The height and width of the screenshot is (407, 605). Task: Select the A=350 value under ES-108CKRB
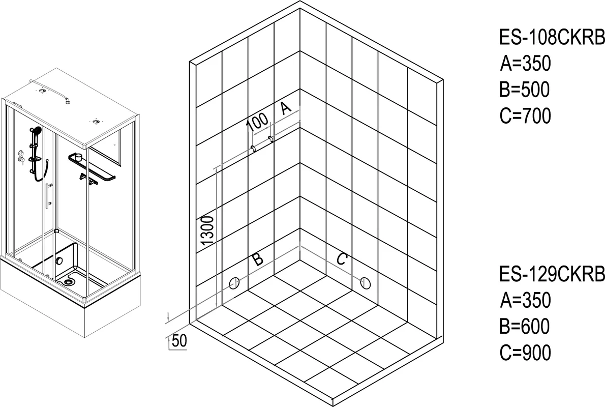pos(525,64)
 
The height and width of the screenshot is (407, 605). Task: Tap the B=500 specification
pos(524,90)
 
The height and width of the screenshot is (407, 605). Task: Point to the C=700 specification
pos(525,115)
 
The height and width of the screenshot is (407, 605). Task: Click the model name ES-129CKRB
pos(552,274)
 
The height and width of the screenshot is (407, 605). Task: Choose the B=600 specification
pos(524,326)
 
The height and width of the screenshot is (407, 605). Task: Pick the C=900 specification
pos(525,352)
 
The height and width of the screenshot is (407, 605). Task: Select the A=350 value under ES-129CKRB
pos(525,300)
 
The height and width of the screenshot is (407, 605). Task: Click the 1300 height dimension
pos(207,231)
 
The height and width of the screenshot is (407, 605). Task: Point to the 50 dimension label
pos(179,340)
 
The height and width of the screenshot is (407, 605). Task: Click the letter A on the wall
pos(285,108)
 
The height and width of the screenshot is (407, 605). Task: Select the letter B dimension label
pos(258,259)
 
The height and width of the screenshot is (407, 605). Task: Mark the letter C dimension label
pos(342,258)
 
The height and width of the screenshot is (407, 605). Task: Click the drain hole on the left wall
pos(234,283)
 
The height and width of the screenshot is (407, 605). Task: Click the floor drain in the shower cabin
pos(68,281)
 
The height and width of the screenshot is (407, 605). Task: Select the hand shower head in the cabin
pos(36,131)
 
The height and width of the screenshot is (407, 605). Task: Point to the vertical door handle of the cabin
pos(47,196)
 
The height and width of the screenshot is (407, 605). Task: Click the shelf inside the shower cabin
pos(92,167)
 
